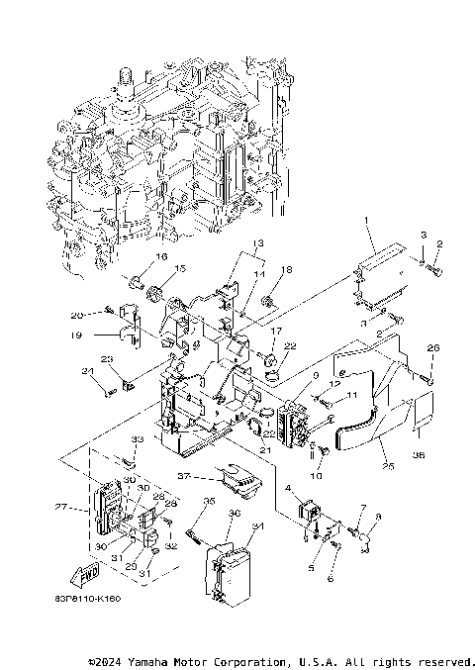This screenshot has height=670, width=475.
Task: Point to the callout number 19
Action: point(102,335)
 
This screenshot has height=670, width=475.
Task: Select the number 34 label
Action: point(258,526)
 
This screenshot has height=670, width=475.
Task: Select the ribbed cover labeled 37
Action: point(236,481)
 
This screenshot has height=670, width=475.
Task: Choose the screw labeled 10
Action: point(316,455)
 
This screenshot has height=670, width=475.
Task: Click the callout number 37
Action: point(182,475)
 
